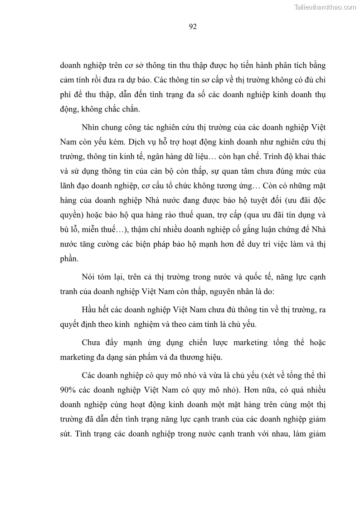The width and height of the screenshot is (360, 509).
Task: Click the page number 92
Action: pyautogui.click(x=192, y=27)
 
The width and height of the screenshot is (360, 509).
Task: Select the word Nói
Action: pyautogui.click(x=90, y=276)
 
